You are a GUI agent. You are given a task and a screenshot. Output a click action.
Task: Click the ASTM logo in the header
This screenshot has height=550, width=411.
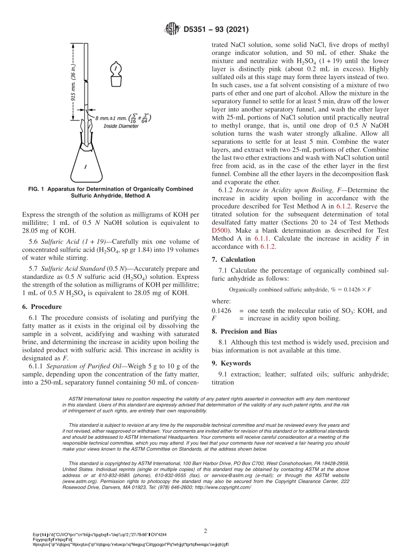[x=173, y=29]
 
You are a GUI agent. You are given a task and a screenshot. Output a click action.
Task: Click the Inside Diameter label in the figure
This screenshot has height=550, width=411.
[x=121, y=126]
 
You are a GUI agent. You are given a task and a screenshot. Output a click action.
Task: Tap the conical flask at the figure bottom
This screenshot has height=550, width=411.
[x=86, y=164]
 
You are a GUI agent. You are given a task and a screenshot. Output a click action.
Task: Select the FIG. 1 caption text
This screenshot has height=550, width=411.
[x=110, y=192]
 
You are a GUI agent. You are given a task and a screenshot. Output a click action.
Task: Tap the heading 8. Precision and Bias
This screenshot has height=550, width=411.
[x=250, y=332]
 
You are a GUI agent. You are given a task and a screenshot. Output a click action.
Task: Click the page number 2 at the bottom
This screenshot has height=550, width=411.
[x=205, y=530]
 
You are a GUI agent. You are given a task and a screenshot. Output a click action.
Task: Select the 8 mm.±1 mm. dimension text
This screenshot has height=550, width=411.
[x=111, y=118]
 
